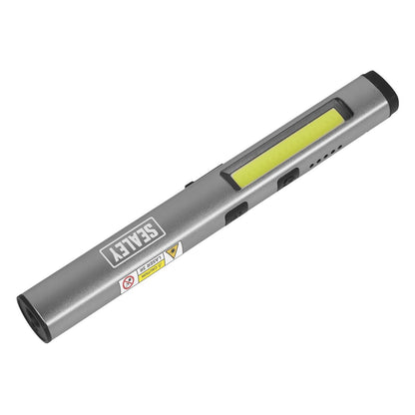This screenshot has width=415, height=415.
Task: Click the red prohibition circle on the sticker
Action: pyautogui.click(x=128, y=284)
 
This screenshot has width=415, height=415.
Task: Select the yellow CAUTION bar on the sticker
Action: pyautogui.click(x=152, y=273)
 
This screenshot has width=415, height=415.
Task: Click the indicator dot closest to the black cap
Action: pyautogui.click(x=334, y=149)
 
